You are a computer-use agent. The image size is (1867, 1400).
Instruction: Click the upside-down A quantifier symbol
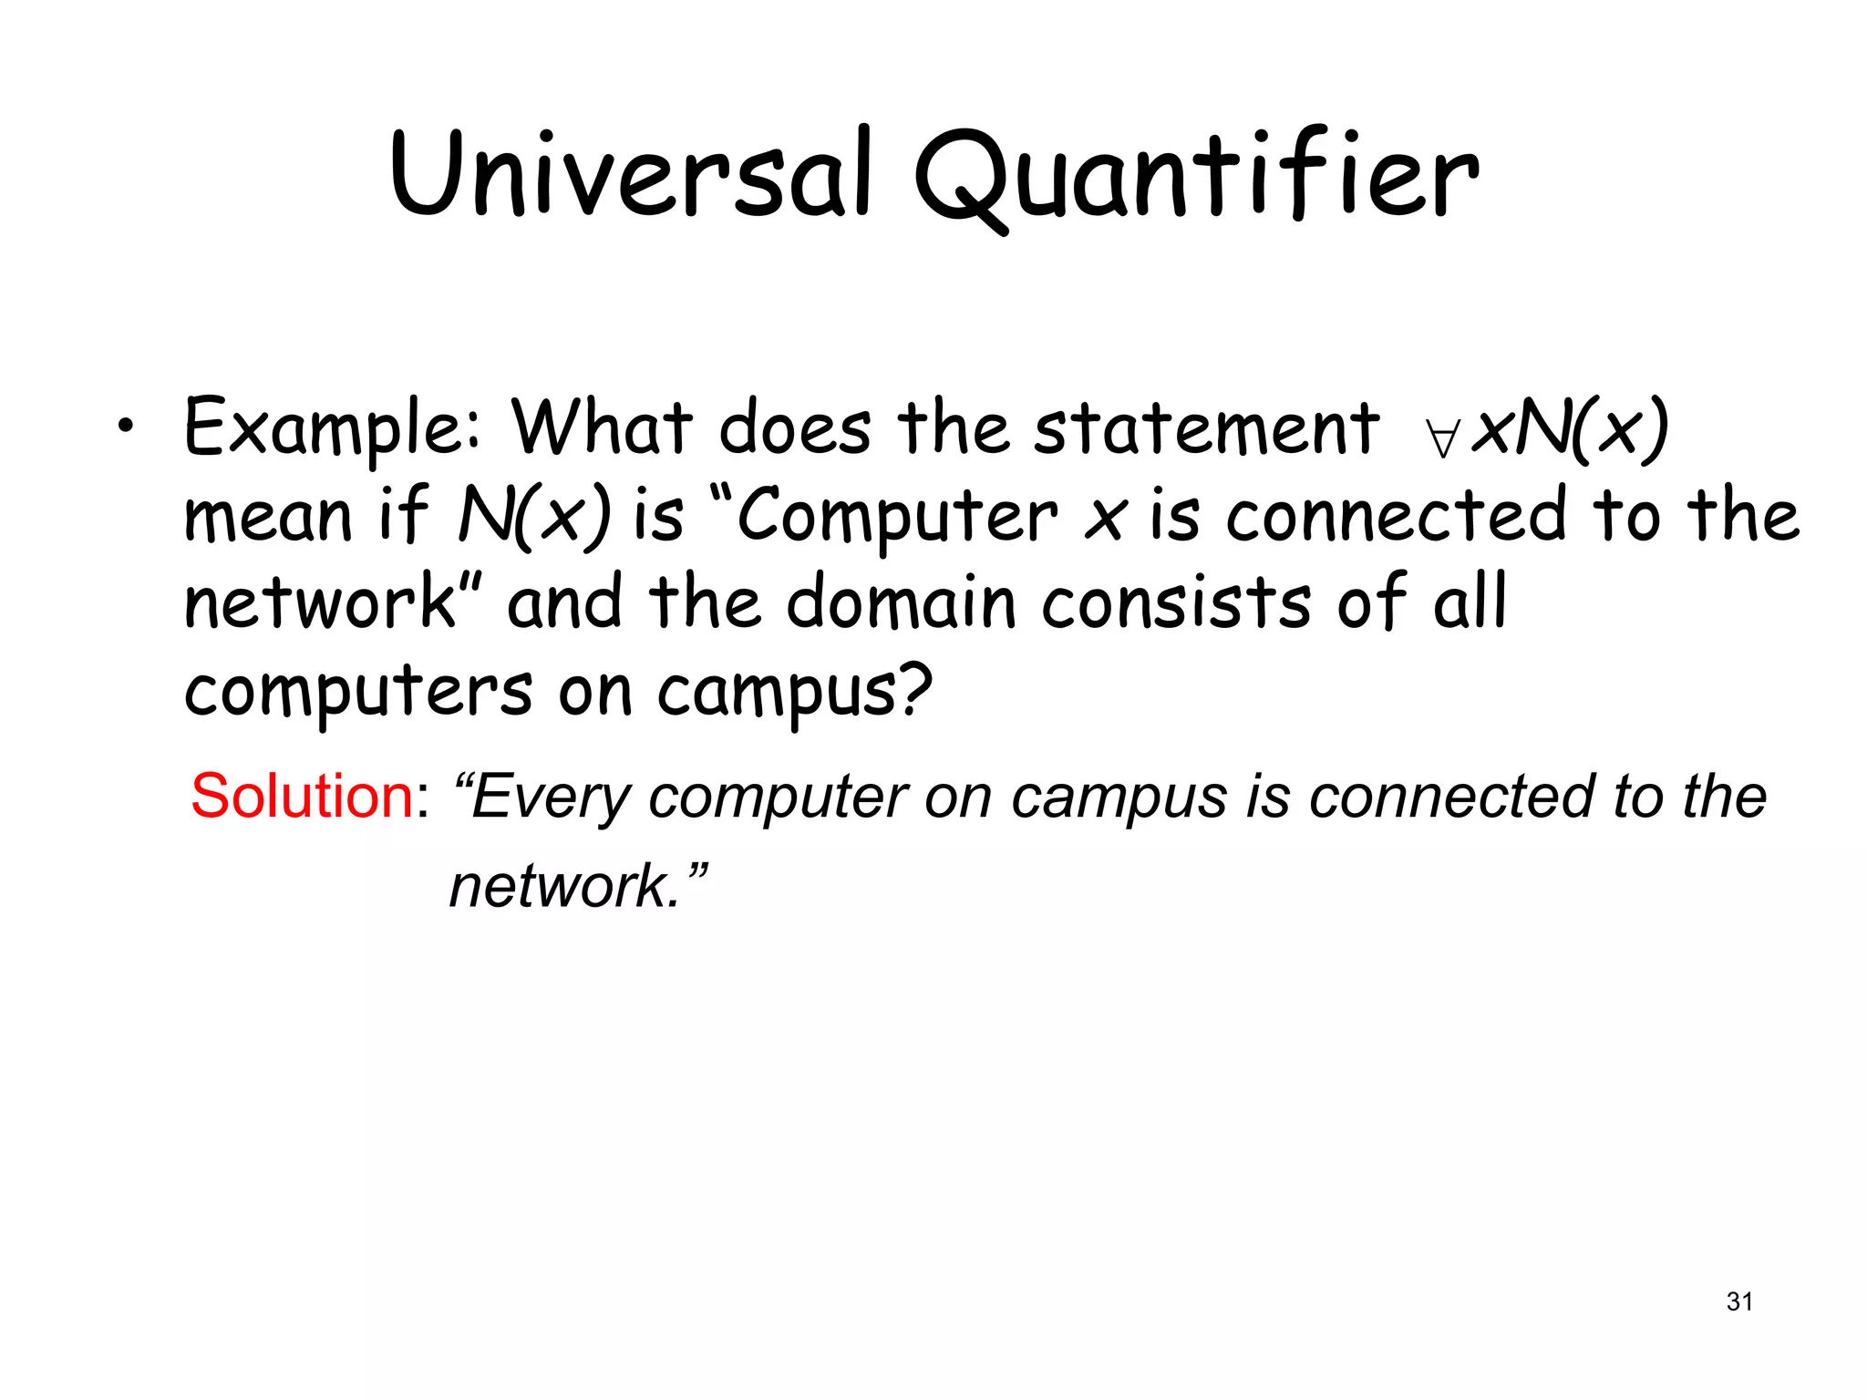(1443, 438)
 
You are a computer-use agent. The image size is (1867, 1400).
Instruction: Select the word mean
(268, 516)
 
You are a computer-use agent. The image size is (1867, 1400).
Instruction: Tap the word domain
(901, 602)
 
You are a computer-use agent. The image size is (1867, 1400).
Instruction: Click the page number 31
(1738, 1302)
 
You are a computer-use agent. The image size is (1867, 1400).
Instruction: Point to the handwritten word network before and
(320, 602)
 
